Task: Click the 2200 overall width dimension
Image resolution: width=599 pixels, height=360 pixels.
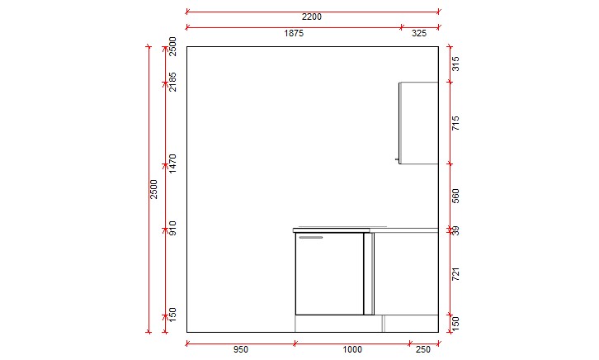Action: click(311, 17)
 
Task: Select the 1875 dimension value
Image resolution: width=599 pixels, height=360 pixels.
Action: click(295, 34)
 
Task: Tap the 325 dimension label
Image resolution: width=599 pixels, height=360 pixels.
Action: click(419, 34)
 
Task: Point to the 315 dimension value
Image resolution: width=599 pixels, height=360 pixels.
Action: click(455, 64)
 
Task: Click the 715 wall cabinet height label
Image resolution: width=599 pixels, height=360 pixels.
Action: click(455, 123)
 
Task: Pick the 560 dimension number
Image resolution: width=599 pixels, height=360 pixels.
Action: click(455, 196)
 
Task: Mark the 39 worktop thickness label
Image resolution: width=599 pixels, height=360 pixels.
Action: click(455, 230)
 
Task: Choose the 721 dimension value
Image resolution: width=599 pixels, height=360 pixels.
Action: click(455, 274)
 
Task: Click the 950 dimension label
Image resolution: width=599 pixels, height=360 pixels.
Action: click(240, 350)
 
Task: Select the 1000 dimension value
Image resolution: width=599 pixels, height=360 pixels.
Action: click(352, 350)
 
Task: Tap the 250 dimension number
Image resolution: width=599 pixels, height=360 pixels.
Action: click(423, 350)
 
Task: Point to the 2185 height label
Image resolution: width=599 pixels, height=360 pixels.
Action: click(173, 82)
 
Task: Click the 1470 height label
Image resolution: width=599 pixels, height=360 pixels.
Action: click(173, 163)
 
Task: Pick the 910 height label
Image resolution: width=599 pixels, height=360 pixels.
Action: click(173, 227)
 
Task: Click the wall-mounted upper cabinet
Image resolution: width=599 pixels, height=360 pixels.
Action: click(418, 122)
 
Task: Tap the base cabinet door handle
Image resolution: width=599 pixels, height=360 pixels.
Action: click(310, 238)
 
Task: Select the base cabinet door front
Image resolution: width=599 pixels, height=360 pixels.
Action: click(329, 274)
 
